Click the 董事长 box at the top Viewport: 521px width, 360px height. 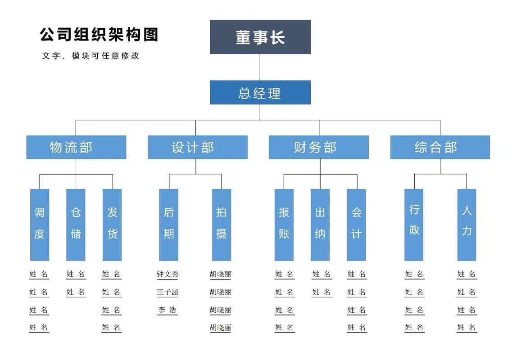pos(260,37)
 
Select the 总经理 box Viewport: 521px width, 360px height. pos(260,92)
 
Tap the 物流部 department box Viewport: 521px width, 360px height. pos(76,147)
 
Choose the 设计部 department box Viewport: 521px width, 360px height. pos(197,147)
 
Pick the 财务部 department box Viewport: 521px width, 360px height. pos(319,147)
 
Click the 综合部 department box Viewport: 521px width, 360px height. pos(440,147)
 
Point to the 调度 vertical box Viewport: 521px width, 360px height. pos(40,225)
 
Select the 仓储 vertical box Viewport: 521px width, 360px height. pos(76,225)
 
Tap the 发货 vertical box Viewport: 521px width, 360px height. pos(112,225)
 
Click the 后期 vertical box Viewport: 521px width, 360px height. pos(168,225)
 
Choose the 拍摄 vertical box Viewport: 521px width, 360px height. pos(221,225)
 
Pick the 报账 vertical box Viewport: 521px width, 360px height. pos(284,225)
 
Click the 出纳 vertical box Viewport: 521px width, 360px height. pos(320,225)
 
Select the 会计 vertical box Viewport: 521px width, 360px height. pos(356,225)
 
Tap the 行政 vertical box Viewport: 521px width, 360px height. pos(414,225)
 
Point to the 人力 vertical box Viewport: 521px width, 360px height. pos(467,225)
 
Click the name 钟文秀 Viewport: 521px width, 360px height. pos(168,274)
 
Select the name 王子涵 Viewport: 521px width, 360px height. pos(168,292)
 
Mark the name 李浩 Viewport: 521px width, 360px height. pos(168,310)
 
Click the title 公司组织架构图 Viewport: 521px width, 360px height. pos(99,35)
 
